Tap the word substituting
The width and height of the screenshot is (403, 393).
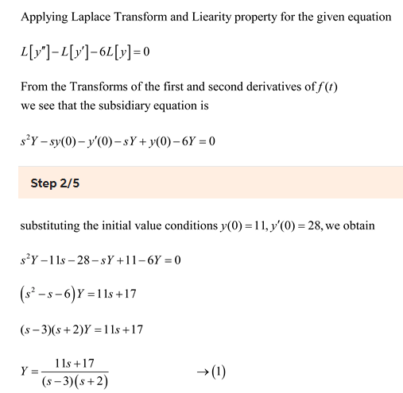click(50, 226)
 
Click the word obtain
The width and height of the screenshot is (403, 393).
click(370, 226)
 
